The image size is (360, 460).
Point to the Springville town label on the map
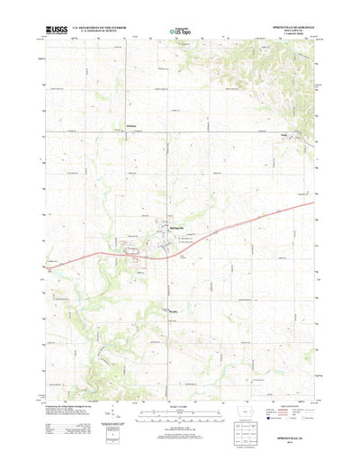pos(179,226)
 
